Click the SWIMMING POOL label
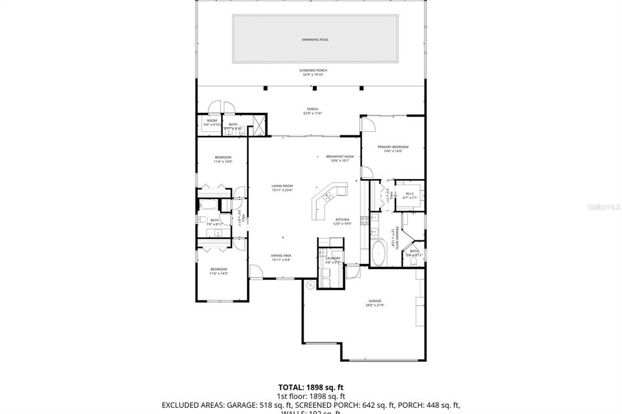click(x=315, y=39)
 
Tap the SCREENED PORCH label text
click(x=314, y=70)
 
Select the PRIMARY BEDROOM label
click(x=392, y=147)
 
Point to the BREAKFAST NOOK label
click(x=340, y=157)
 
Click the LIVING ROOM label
click(x=282, y=186)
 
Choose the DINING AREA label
click(x=281, y=256)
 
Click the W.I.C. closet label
click(x=409, y=194)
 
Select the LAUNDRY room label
click(x=332, y=259)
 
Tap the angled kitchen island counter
click(x=325, y=200)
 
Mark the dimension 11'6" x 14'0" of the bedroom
click(x=222, y=161)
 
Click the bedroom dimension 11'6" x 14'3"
click(x=218, y=274)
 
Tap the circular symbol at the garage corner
click(x=310, y=285)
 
